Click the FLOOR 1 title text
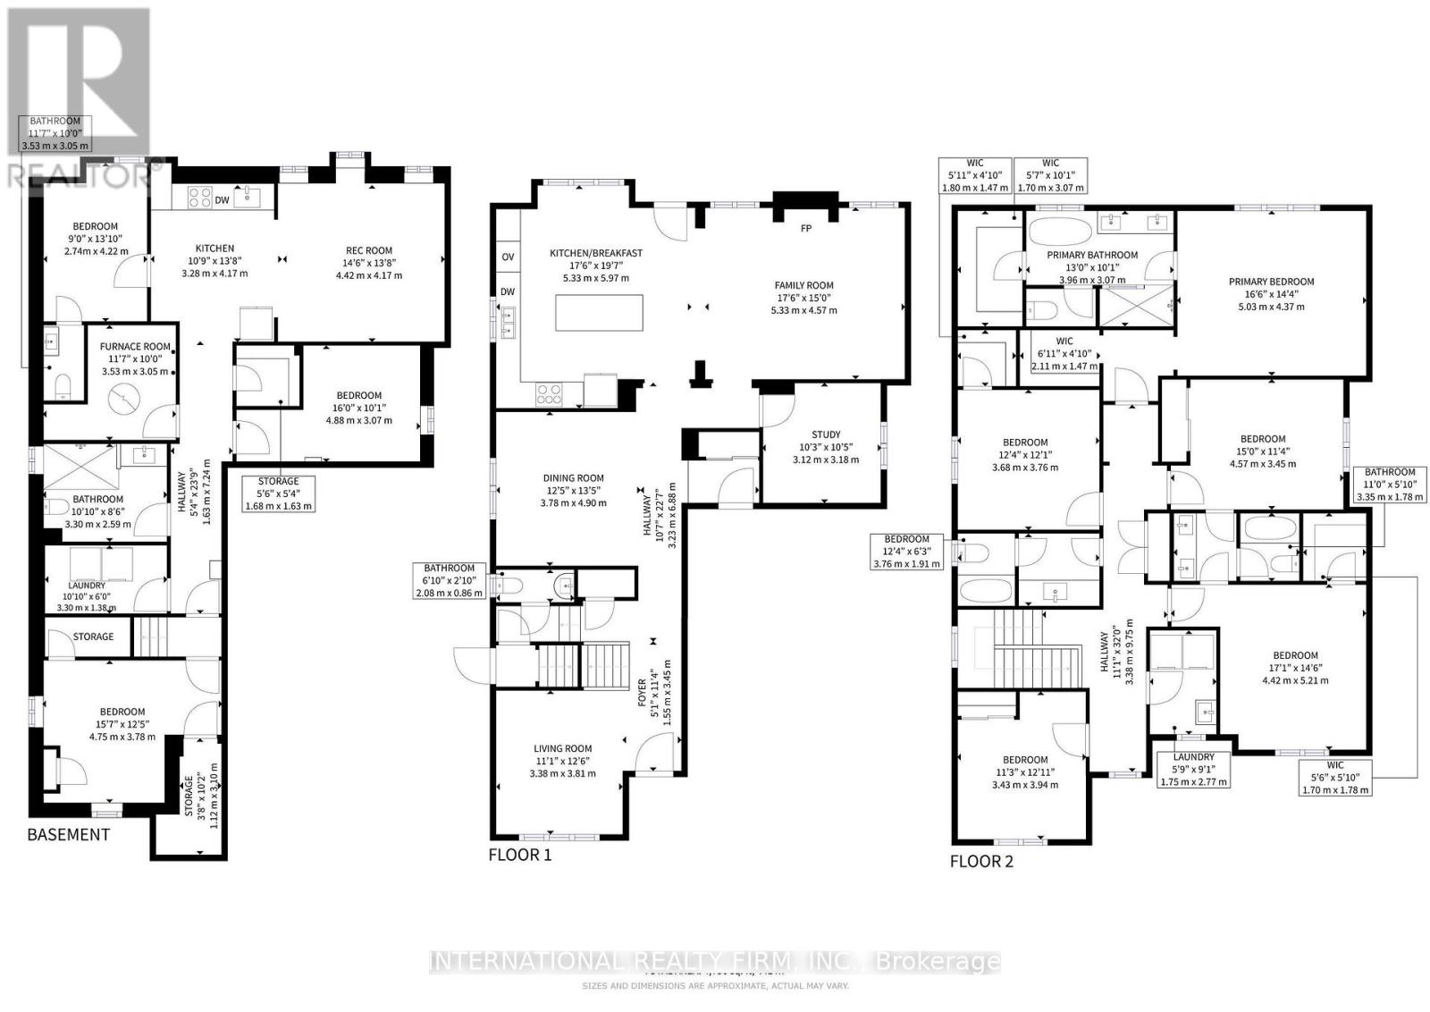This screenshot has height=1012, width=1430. point(519,855)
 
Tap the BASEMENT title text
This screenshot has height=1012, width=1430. point(68,834)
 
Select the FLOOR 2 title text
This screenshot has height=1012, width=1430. point(980,861)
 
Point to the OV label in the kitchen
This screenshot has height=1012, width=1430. point(508,257)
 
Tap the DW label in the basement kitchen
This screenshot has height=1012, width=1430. point(222,200)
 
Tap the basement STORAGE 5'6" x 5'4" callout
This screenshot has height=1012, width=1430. point(278,493)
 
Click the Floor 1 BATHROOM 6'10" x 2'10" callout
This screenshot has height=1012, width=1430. point(449,580)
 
